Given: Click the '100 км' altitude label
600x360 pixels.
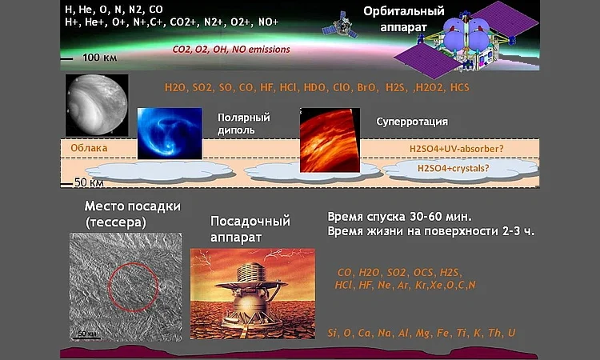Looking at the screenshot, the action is (x=99, y=58).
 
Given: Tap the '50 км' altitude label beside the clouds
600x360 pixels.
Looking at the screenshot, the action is (x=89, y=182).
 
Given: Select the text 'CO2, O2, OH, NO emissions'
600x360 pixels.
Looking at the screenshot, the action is (x=230, y=50).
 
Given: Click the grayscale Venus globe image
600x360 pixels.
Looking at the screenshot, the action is (x=97, y=106).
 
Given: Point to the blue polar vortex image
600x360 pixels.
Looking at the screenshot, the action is (x=170, y=134).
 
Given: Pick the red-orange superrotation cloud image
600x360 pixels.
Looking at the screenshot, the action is (x=330, y=140).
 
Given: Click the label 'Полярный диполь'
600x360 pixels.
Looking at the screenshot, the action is (x=244, y=123).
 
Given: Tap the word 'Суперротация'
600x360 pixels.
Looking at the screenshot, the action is (x=412, y=122).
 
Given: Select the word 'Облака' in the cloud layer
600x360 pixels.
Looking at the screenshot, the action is (x=89, y=148).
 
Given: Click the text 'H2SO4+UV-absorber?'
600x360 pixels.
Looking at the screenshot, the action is (x=457, y=149).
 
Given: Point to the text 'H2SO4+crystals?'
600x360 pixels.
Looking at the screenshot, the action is (x=453, y=168).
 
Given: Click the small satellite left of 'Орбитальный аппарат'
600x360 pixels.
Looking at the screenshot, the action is (x=341, y=26).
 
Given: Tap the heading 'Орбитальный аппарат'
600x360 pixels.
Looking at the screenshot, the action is (x=404, y=19).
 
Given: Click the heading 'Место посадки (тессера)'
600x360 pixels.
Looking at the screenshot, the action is (x=132, y=214).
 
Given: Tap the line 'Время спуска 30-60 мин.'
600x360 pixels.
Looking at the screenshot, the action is (x=399, y=217).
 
